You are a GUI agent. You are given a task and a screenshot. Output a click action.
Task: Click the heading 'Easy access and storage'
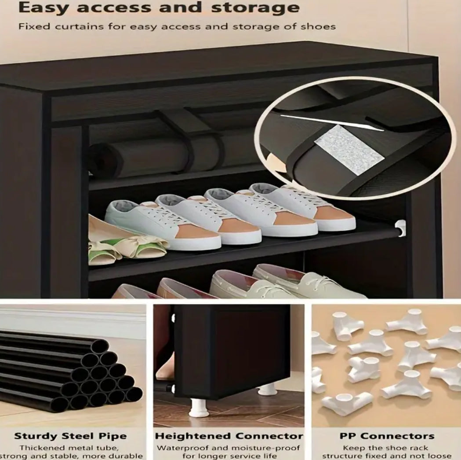tap(159, 8)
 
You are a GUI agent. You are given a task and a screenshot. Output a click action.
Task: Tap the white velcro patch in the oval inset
tap(349, 150)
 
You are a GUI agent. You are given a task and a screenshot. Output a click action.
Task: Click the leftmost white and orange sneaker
tap(162, 224)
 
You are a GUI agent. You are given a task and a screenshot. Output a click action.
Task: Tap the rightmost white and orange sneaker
tap(303, 206)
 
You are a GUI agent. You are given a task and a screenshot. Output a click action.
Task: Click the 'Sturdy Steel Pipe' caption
tap(70, 436)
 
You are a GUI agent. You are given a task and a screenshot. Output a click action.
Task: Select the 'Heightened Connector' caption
tap(229, 436)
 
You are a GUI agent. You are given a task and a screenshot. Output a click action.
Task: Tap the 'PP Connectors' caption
tap(387, 436)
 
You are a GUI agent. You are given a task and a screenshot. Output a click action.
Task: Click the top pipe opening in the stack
tap(100, 347)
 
